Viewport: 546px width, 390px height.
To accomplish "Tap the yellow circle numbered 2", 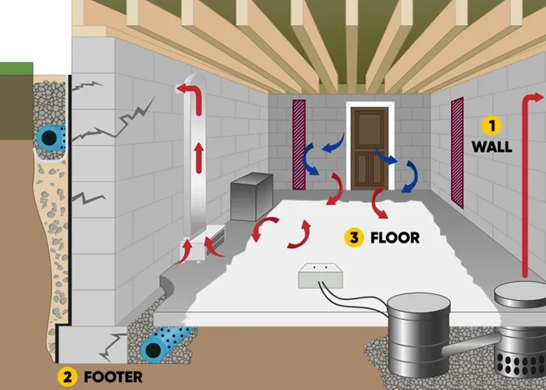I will pyautogui.click(x=68, y=375).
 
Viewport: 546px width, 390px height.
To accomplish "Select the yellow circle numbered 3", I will pyautogui.click(x=354, y=237).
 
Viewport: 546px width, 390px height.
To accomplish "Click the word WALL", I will pyautogui.click(x=491, y=146).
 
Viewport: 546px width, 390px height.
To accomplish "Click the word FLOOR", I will pyautogui.click(x=395, y=237).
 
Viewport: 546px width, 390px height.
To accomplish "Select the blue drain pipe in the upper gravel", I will pyautogui.click(x=50, y=138).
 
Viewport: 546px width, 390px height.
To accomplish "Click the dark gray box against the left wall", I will pyautogui.click(x=250, y=194).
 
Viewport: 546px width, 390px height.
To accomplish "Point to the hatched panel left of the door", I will pyautogui.click(x=300, y=146).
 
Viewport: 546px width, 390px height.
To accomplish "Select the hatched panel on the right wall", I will pyautogui.click(x=457, y=153).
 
